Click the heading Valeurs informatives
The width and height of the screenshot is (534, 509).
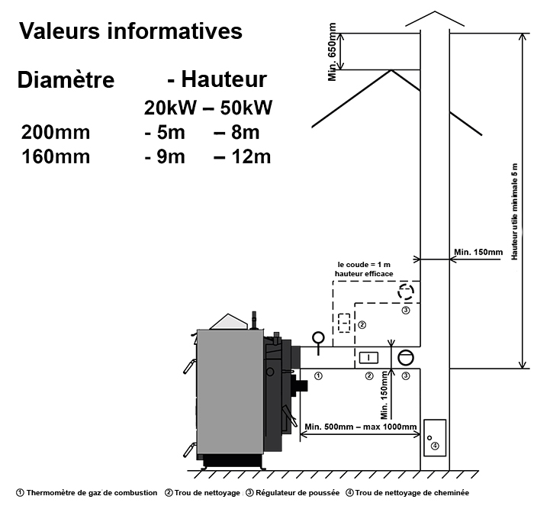point(130,31)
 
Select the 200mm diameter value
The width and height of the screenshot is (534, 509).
point(56,132)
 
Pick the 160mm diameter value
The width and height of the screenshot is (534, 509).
point(56,157)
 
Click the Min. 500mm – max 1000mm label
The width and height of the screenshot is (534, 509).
point(360,427)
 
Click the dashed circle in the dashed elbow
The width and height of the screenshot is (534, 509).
point(406,292)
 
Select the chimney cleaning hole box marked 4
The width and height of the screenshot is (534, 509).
point(434,437)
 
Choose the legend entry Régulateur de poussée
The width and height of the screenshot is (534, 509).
point(292,493)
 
